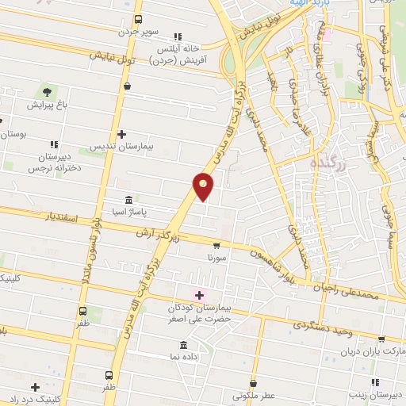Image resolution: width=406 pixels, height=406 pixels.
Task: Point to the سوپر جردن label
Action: coord(140,33)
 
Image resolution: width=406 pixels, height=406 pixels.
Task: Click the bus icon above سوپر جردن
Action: coord(138,20)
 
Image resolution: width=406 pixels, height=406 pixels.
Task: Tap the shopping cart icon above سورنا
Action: coord(216,247)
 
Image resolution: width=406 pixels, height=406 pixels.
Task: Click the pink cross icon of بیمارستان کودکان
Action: coord(199,295)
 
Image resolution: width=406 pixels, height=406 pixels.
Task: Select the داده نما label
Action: coord(184,358)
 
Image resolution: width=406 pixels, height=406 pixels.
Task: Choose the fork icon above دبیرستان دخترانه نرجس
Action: coord(54,144)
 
